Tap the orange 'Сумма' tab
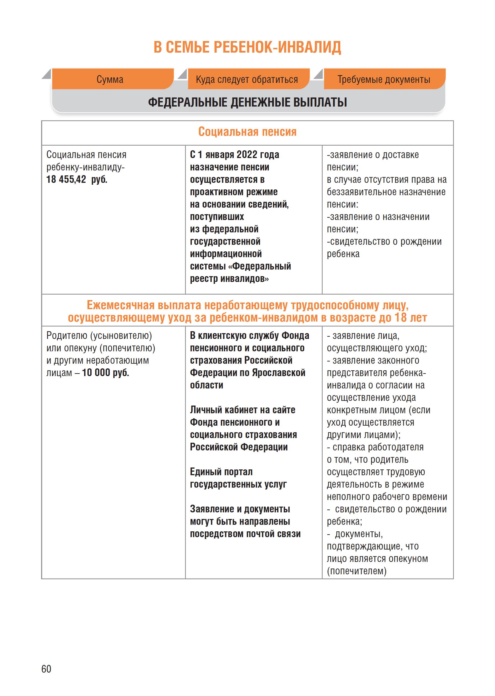110,80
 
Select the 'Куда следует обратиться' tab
247,80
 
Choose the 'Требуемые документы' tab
384,80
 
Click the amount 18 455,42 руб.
77,180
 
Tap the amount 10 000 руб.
105,373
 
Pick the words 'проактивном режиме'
234,192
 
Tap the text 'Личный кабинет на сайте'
242,410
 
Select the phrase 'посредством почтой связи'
245,534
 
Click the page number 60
46,669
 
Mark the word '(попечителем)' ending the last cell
357,571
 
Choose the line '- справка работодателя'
375,447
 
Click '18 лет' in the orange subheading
411,318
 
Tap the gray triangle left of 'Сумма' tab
47,74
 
